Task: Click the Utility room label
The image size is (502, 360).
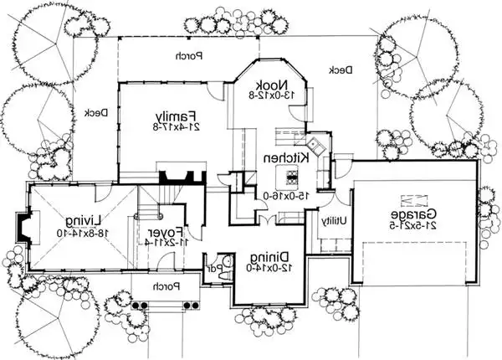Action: tap(330, 224)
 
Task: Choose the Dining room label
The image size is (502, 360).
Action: tap(269, 256)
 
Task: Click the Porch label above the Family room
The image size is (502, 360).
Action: tap(185, 57)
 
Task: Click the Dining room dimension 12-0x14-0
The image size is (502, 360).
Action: tap(269, 269)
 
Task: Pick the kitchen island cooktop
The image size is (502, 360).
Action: tap(292, 176)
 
